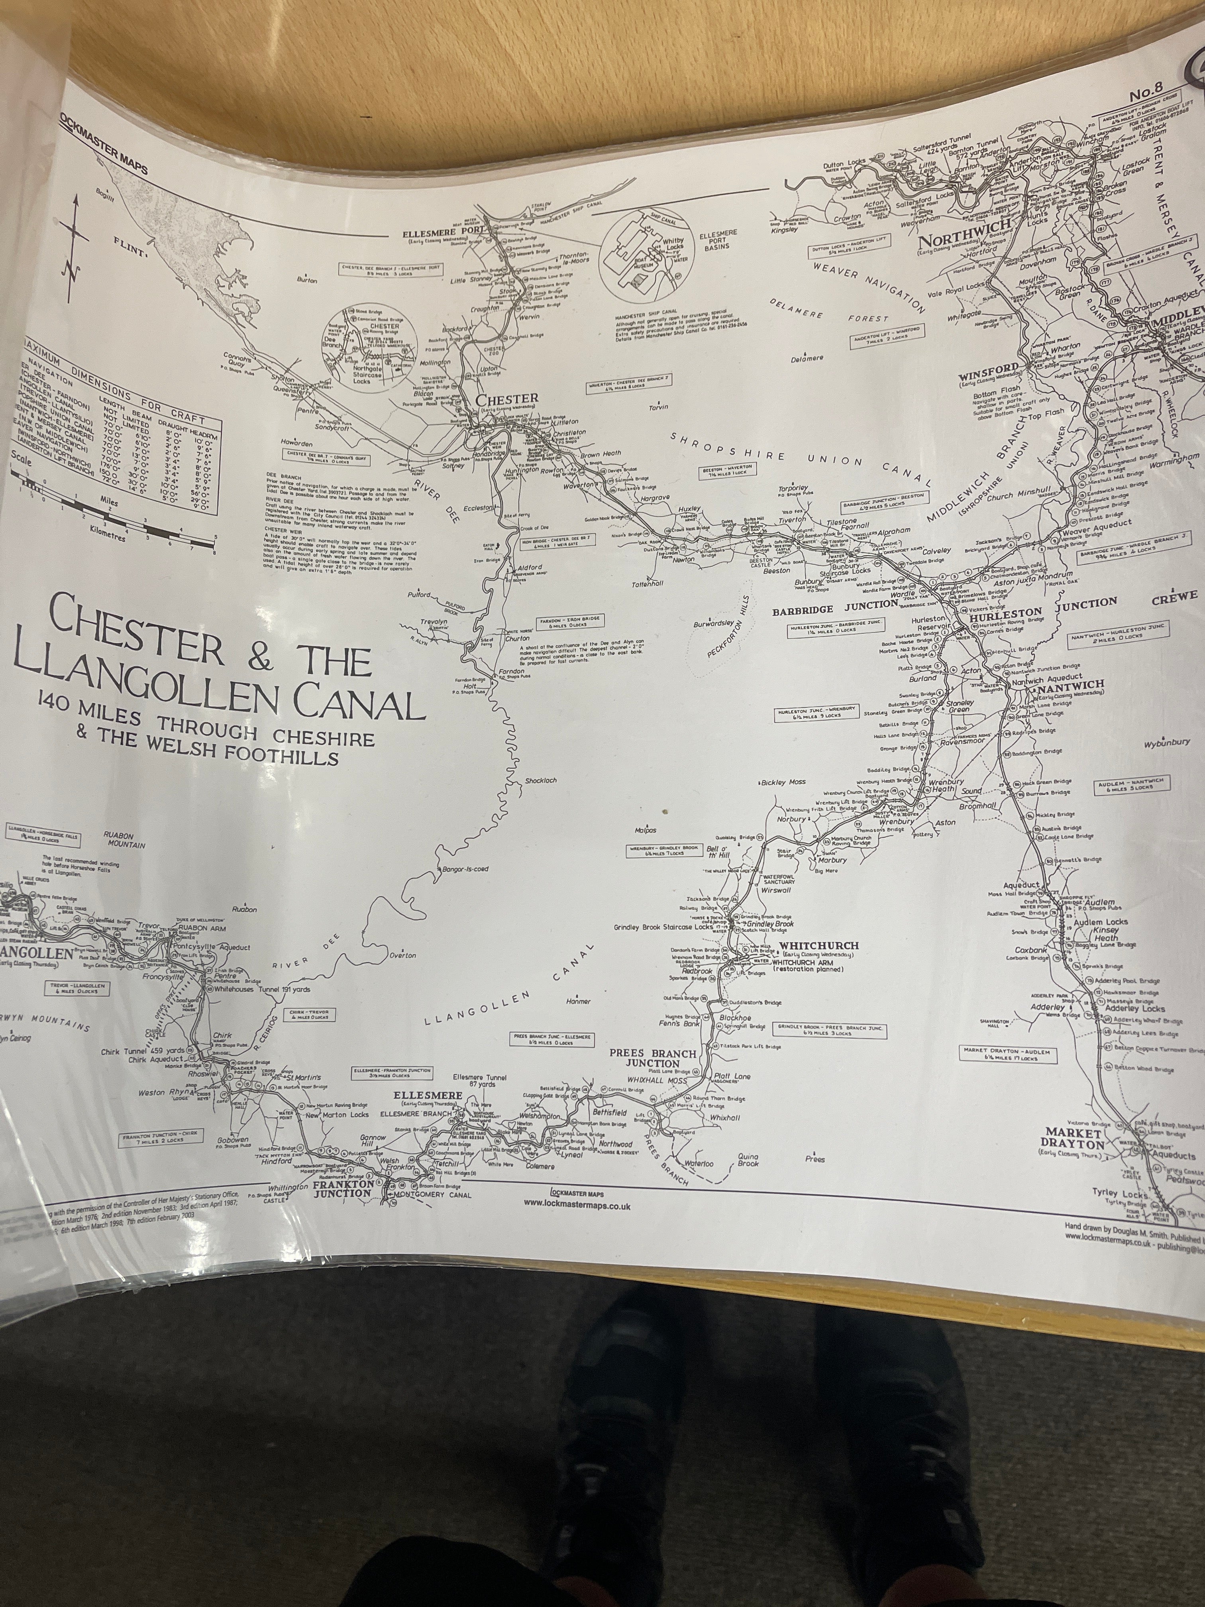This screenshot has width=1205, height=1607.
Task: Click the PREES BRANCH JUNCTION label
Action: point(653,1058)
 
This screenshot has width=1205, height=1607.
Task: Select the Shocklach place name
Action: point(540,780)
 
